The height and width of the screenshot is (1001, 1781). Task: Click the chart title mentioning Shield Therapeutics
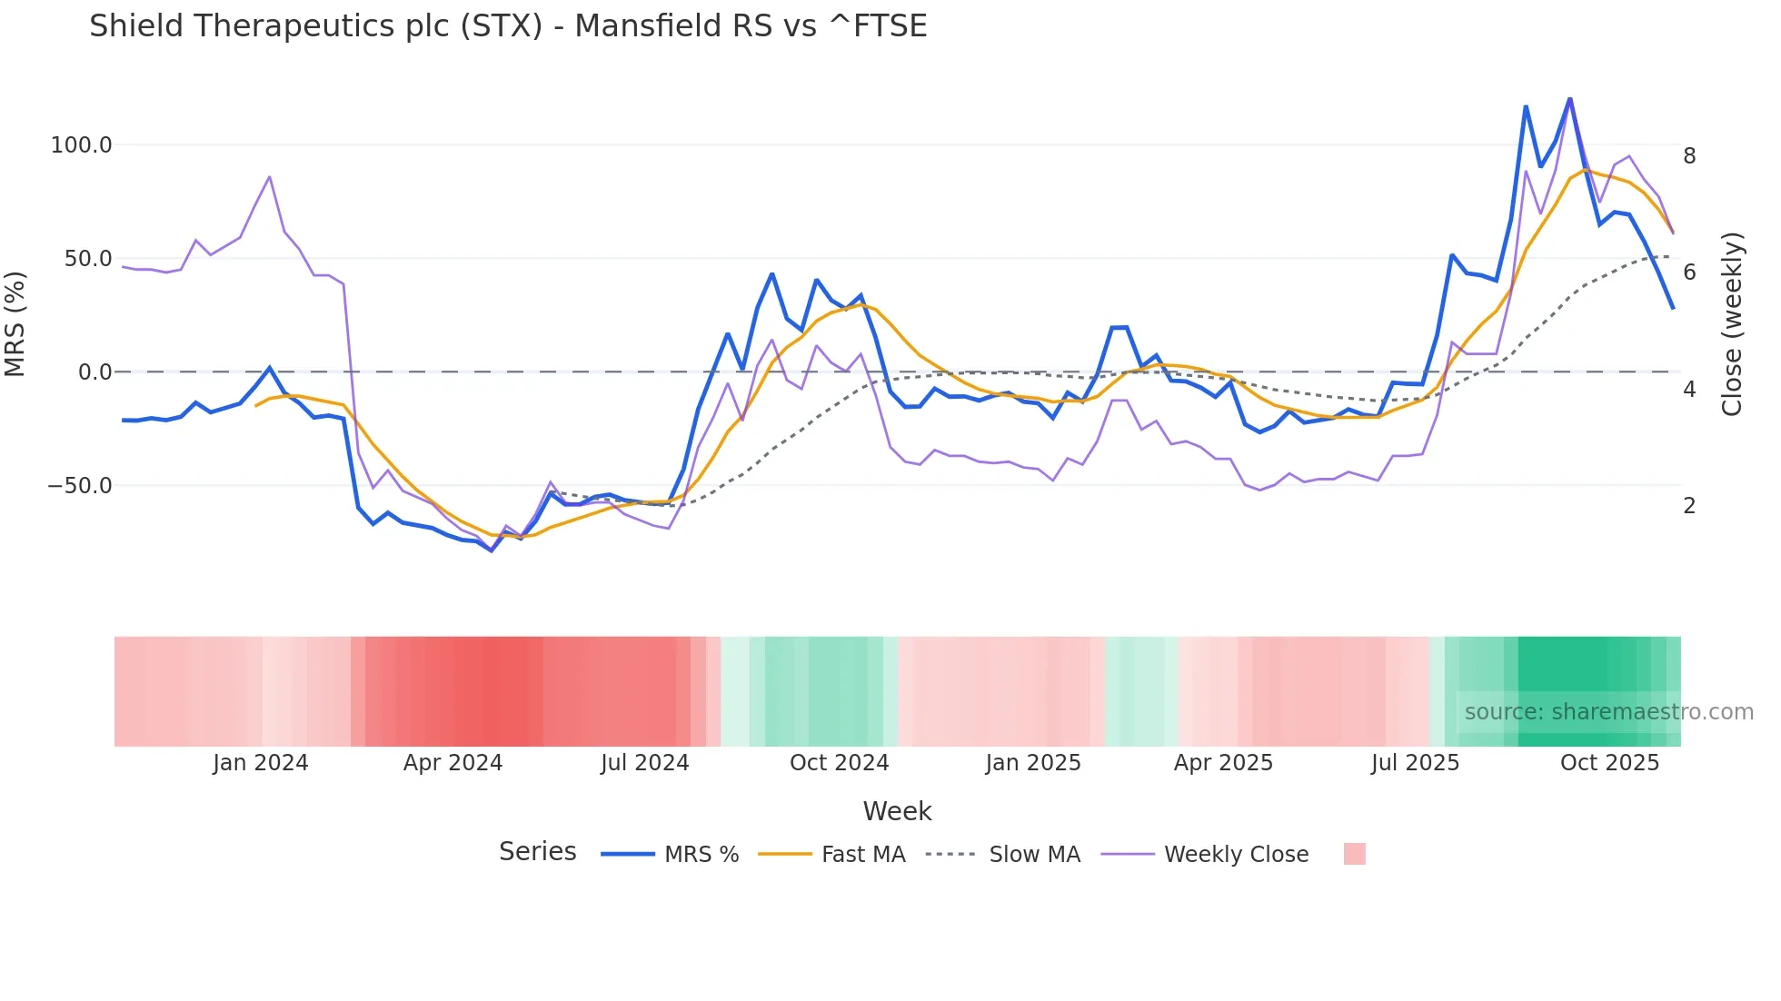click(x=508, y=26)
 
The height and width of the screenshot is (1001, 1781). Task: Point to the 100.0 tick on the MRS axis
click(x=81, y=145)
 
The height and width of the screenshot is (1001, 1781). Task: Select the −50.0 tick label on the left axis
click(x=79, y=486)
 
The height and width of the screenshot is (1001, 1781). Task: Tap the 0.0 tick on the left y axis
click(x=95, y=372)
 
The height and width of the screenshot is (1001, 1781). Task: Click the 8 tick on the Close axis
click(x=1689, y=156)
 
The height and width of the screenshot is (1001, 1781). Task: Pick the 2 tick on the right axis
click(x=1689, y=506)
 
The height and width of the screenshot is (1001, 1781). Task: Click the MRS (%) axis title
click(x=15, y=323)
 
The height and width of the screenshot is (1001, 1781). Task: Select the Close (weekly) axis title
click(x=1732, y=323)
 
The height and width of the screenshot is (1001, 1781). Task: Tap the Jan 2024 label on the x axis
click(x=261, y=763)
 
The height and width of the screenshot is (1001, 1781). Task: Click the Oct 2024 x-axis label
click(x=839, y=763)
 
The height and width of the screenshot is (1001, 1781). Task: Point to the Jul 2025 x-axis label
click(x=1415, y=763)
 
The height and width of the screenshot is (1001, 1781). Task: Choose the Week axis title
click(x=897, y=811)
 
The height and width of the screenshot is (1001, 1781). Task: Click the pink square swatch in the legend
click(x=1354, y=854)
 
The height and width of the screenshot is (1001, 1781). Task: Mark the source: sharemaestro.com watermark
click(x=1608, y=712)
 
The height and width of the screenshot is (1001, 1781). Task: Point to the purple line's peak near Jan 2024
click(x=270, y=177)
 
